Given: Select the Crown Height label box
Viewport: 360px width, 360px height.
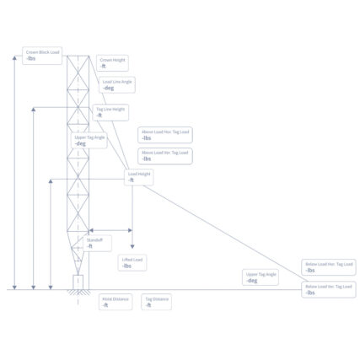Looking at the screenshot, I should (112, 62).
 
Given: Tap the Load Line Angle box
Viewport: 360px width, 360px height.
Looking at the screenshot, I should (117, 84).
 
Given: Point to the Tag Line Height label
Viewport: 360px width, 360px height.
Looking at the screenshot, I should (110, 111).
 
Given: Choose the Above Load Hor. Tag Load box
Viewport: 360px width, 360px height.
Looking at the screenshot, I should (166, 134).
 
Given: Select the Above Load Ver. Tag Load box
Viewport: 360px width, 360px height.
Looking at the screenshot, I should (166, 155).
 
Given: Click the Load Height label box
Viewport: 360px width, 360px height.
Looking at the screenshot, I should (139, 176).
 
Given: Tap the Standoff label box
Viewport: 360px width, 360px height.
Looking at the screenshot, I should (96, 243).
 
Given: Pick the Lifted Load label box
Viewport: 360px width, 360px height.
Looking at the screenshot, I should (132, 262).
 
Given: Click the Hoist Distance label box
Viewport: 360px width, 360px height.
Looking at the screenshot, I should (116, 301).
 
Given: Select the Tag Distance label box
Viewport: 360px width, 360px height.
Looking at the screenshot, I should (157, 301).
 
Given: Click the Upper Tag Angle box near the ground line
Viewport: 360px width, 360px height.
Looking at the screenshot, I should (261, 277).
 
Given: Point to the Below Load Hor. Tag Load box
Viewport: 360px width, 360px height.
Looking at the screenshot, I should (330, 266).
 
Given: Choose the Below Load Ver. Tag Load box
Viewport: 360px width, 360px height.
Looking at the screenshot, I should (330, 288).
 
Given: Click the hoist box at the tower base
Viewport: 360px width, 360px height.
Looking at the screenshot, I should (78, 281).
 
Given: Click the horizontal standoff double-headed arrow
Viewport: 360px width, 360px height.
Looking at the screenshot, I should (110, 229).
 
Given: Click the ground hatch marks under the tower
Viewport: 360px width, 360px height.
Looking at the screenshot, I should (78, 293).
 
